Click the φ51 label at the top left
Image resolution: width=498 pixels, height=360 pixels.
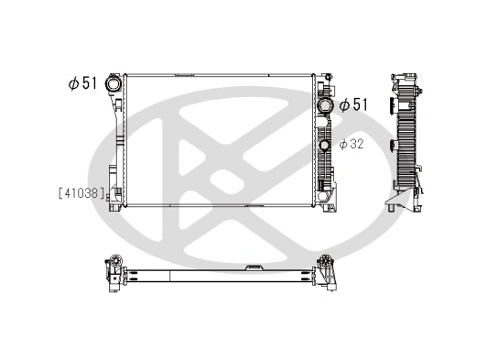(x=81, y=83)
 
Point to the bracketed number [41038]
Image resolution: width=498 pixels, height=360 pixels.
(x=81, y=192)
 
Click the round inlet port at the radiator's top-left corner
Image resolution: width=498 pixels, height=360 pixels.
(x=114, y=83)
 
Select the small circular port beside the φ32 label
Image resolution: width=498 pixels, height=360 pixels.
(x=325, y=144)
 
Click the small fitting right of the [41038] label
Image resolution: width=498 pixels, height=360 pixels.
(x=114, y=192)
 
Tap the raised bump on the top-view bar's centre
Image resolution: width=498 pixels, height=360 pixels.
(x=254, y=267)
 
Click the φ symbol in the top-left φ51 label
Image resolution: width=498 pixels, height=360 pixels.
(x=71, y=83)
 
